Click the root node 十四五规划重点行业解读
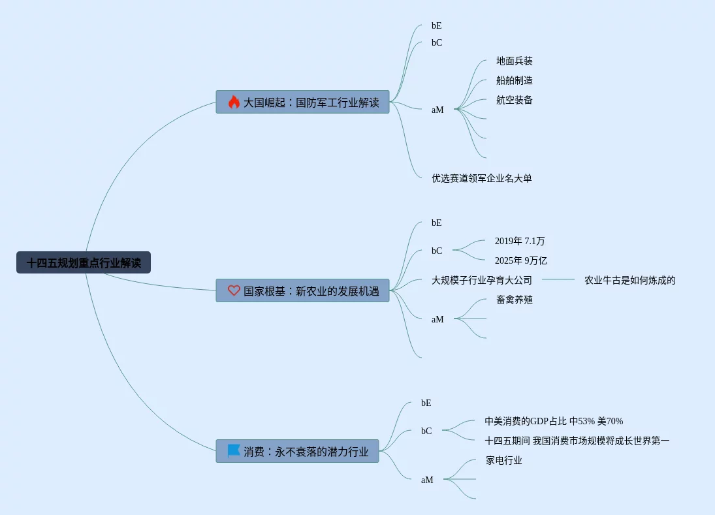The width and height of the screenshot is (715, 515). (84, 262)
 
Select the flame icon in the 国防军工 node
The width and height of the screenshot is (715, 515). (234, 102)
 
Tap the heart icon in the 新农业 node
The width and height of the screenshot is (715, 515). (234, 290)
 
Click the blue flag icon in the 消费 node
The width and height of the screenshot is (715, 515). (234, 451)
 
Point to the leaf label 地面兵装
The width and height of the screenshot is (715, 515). (515, 61)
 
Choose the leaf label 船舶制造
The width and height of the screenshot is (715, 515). (515, 80)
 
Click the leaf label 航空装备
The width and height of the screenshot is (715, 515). (515, 100)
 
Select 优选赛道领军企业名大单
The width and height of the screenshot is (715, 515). (481, 178)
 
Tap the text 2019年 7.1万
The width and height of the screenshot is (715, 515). (520, 241)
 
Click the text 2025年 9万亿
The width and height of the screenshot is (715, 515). (521, 260)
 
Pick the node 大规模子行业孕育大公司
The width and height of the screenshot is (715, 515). (481, 280)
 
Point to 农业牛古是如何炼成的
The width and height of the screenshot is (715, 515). (629, 280)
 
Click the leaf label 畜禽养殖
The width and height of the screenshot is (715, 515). (515, 300)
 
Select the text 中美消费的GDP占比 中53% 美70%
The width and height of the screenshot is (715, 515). (554, 421)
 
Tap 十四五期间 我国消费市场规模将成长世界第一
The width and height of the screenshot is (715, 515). (577, 441)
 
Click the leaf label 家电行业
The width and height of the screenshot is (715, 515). (504, 460)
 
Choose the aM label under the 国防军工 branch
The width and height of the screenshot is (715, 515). (437, 110)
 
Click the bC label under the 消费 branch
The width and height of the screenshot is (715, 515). (426, 431)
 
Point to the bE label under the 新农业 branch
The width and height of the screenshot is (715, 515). (436, 223)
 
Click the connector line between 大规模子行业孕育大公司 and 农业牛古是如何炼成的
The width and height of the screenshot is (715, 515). (558, 279)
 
